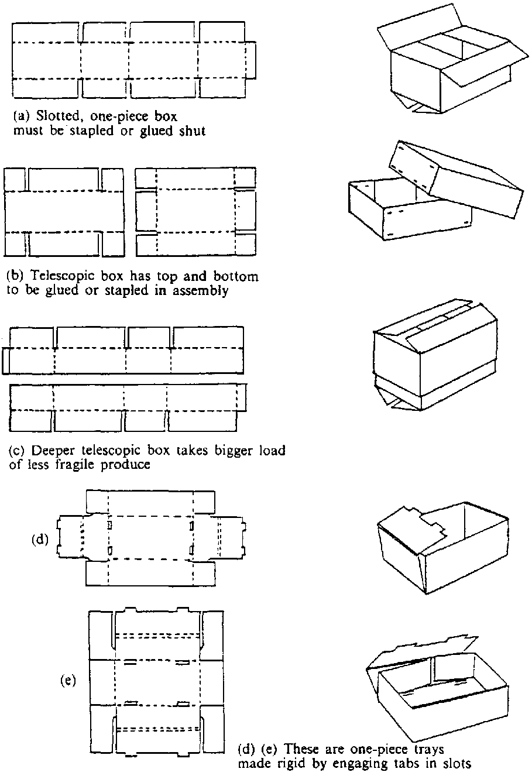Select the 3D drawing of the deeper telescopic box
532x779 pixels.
point(433,357)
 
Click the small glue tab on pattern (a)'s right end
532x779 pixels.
point(251,60)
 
